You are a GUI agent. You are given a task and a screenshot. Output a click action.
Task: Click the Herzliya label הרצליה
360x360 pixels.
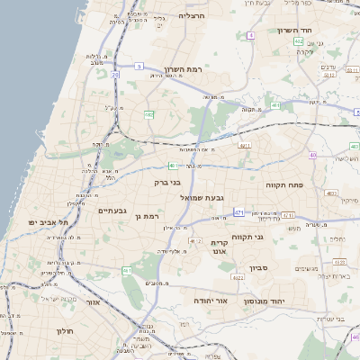(x=193, y=15)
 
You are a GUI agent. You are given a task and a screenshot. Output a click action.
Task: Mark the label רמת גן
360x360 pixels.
(x=144, y=216)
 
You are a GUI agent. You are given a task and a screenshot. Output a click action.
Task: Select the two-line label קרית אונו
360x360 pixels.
(x=222, y=248)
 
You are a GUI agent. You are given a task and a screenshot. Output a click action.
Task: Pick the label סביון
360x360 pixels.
(x=260, y=267)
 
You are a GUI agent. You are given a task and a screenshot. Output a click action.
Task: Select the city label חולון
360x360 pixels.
(x=64, y=330)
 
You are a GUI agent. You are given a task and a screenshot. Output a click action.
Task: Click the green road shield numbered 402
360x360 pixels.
(x=298, y=41)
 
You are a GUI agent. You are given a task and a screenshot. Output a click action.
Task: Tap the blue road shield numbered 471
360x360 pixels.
(x=238, y=212)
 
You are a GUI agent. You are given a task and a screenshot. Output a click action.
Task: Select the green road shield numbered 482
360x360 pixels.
(x=148, y=113)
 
